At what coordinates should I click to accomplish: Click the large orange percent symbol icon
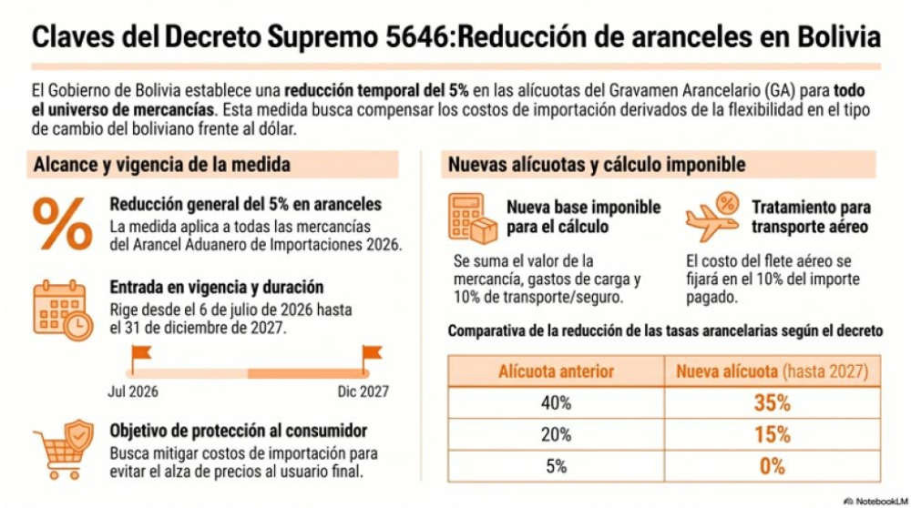point(62,224)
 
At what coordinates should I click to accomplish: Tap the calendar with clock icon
point(63,310)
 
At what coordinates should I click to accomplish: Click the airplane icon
point(712,217)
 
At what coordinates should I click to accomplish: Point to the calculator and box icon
point(473,218)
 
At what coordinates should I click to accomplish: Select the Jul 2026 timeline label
point(133,391)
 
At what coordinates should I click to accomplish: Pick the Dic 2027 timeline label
point(363,391)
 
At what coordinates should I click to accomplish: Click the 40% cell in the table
point(556,402)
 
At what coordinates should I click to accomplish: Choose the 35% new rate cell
point(773,402)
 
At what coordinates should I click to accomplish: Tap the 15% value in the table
point(773,434)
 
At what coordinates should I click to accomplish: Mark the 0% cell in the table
point(773,466)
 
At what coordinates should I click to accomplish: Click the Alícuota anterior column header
point(556,371)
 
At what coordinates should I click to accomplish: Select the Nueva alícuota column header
point(773,371)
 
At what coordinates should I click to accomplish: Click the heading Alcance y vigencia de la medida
point(161,164)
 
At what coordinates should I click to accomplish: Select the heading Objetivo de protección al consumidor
point(238,431)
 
